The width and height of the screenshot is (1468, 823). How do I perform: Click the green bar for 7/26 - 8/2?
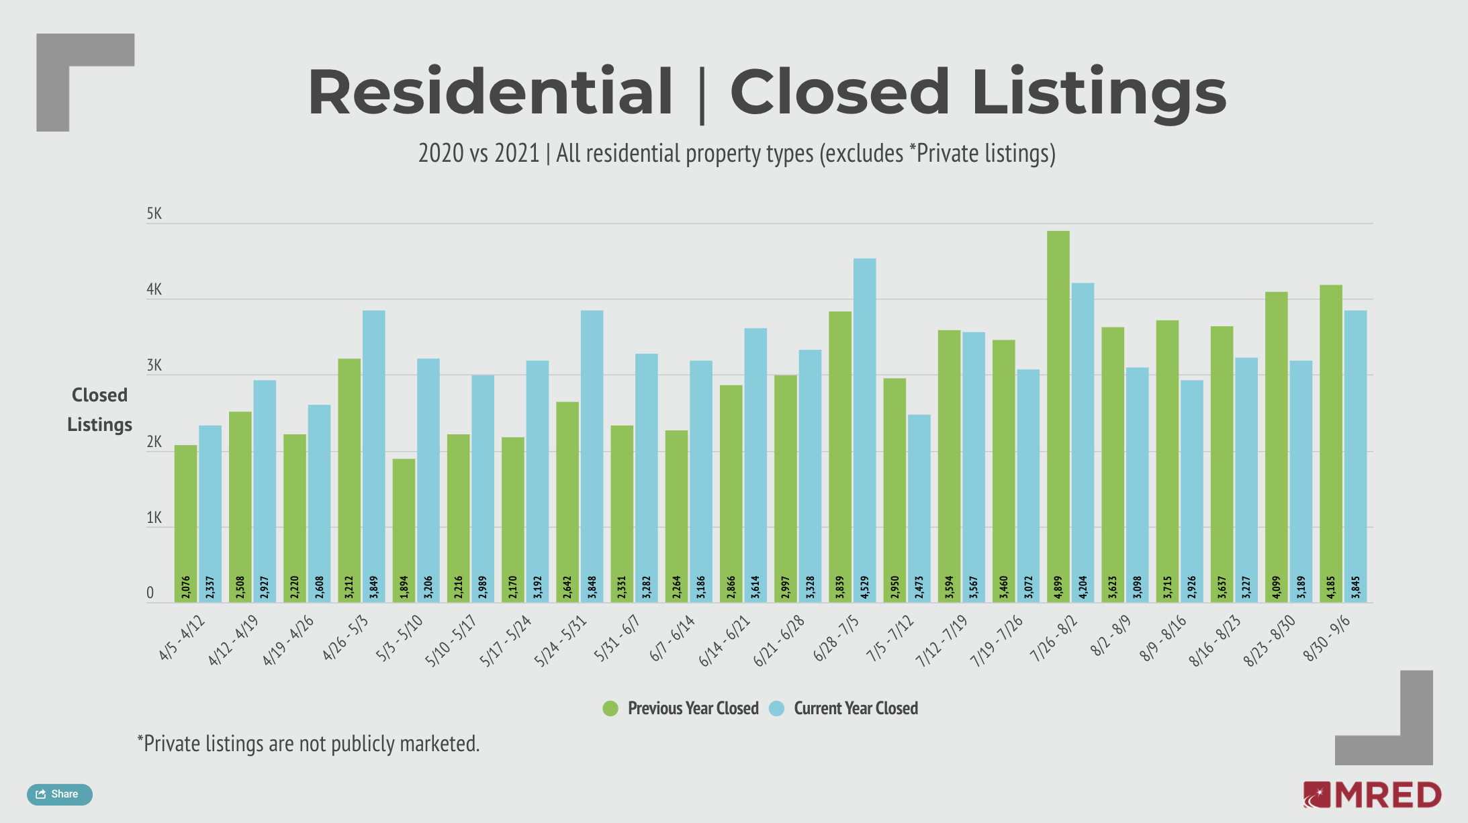click(1058, 416)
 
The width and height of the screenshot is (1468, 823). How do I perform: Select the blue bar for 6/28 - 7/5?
click(864, 430)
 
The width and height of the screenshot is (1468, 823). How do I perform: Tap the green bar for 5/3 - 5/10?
click(404, 530)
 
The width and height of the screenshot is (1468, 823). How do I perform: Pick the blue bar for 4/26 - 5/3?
click(373, 456)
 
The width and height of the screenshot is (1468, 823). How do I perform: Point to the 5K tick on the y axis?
click(154, 214)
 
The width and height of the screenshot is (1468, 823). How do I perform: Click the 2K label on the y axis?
click(154, 442)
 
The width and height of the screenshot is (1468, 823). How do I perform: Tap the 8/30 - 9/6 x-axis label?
click(1326, 638)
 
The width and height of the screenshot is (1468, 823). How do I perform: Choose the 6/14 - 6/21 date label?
click(725, 641)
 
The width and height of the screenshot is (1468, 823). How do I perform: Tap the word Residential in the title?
click(490, 92)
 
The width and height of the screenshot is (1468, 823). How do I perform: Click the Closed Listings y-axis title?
click(99, 409)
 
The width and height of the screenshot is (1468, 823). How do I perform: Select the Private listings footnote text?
click(308, 744)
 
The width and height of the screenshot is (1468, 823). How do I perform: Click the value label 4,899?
click(1058, 587)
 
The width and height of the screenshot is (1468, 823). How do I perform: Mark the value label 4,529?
click(865, 587)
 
